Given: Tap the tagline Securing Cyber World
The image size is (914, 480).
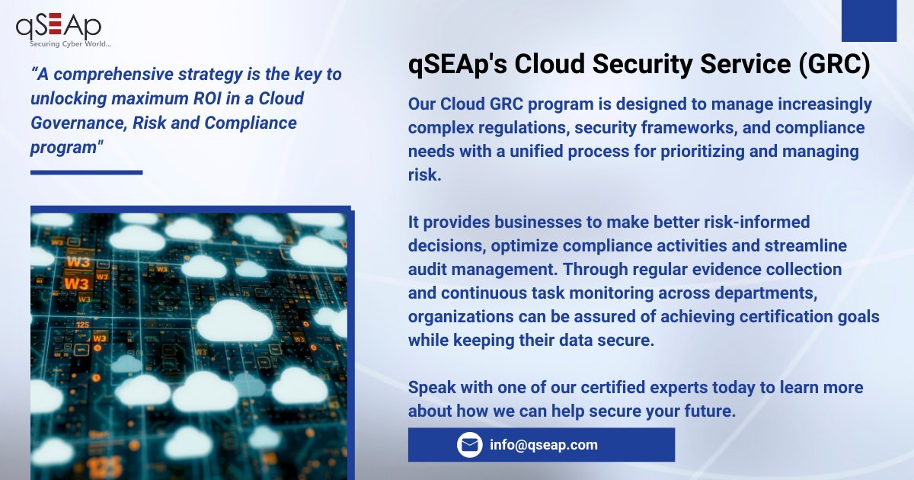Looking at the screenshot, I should (65, 43).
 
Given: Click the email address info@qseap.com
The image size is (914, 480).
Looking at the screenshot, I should (544, 445).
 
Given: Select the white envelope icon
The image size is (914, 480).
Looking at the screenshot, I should (470, 445).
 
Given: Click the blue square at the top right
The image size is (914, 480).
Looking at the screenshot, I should (869, 21).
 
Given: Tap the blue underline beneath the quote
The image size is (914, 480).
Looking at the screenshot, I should (86, 172).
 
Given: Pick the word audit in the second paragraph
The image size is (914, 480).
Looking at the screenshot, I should (430, 270).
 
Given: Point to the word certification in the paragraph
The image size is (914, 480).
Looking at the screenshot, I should (791, 317).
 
